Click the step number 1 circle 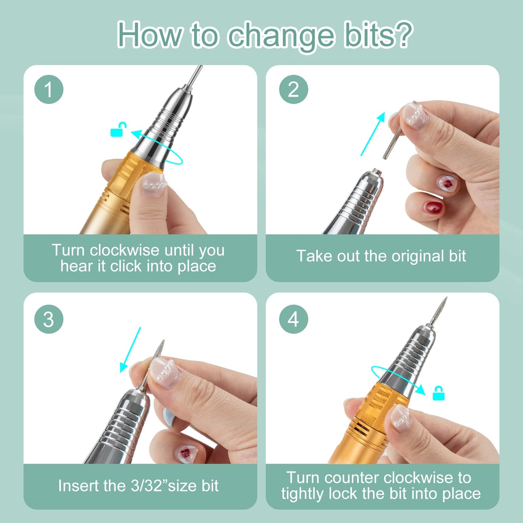(x=49, y=89)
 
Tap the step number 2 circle (x=294, y=89)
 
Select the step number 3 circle (x=49, y=319)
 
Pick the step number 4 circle (x=294, y=319)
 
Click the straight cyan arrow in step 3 (x=130, y=349)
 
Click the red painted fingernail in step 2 (x=433, y=207)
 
